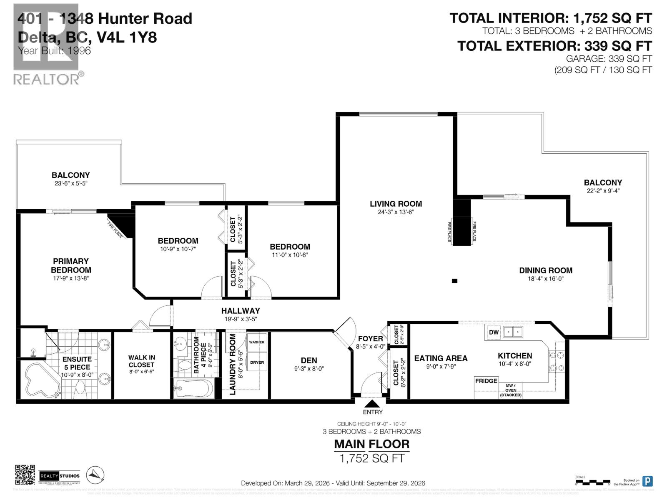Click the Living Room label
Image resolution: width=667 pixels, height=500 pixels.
point(396,204)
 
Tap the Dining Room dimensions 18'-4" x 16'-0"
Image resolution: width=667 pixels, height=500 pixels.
point(545,279)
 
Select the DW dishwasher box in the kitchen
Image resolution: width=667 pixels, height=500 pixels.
point(494,332)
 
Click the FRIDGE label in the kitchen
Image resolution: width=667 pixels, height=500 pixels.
point(486,381)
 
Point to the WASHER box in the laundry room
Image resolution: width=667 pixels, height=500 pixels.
point(257,342)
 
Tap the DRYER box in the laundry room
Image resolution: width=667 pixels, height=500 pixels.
point(257,362)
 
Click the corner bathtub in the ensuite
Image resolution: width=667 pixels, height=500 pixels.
point(42,380)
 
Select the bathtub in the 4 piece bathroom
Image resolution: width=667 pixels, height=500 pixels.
point(194,388)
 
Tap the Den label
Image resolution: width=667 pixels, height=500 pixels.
point(309,360)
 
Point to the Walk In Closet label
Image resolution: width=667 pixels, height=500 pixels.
point(141,361)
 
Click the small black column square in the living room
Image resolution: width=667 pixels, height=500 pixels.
point(454,281)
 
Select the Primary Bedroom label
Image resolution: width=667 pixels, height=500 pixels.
point(71,265)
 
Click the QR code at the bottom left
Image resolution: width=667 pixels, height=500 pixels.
point(25,475)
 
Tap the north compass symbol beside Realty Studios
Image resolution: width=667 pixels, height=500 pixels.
point(95,475)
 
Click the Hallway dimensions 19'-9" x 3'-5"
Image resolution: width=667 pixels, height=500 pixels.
point(241,319)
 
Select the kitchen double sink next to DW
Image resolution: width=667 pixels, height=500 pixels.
point(513,332)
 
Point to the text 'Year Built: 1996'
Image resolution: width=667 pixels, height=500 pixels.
point(54,51)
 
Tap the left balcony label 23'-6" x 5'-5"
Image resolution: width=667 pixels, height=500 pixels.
point(71,183)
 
